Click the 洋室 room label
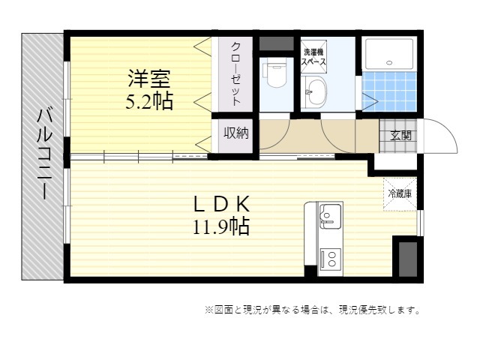(149, 79)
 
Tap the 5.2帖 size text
(149, 100)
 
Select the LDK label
(221, 204)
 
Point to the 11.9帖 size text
(221, 226)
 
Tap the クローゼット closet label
(235, 73)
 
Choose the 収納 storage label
(235, 133)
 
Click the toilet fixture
(276, 73)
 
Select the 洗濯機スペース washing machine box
(313, 57)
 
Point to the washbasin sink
(314, 91)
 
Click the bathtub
(389, 54)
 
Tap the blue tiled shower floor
(389, 91)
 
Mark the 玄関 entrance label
(400, 136)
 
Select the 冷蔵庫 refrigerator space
(400, 193)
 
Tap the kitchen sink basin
(331, 217)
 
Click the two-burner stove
(331, 259)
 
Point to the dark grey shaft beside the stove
(408, 259)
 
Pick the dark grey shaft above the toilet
(276, 43)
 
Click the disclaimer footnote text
(313, 310)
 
